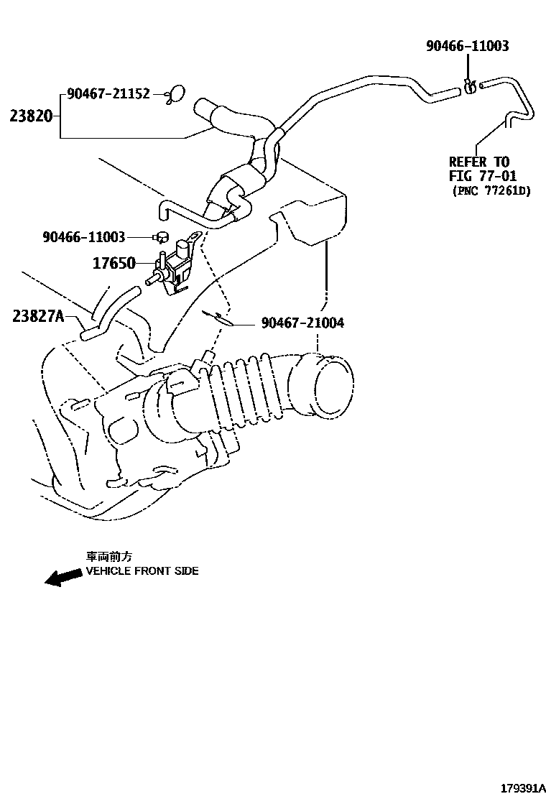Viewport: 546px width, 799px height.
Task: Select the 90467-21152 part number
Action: click(108, 93)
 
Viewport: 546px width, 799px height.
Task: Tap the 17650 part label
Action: click(114, 263)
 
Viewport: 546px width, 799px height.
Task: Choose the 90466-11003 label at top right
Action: click(467, 46)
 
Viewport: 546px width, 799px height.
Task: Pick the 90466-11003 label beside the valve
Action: click(84, 236)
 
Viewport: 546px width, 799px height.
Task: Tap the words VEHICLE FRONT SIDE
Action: click(142, 571)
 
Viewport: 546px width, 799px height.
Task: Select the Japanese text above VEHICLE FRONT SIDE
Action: click(109, 557)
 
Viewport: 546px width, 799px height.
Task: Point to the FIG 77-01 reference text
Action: click(483, 176)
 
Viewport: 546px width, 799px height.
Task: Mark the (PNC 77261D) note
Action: click(491, 191)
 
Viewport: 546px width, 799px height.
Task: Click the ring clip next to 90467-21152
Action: click(175, 93)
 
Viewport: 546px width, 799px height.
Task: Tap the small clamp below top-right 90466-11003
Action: click(469, 87)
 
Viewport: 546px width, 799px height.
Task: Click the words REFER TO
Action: click(478, 162)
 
